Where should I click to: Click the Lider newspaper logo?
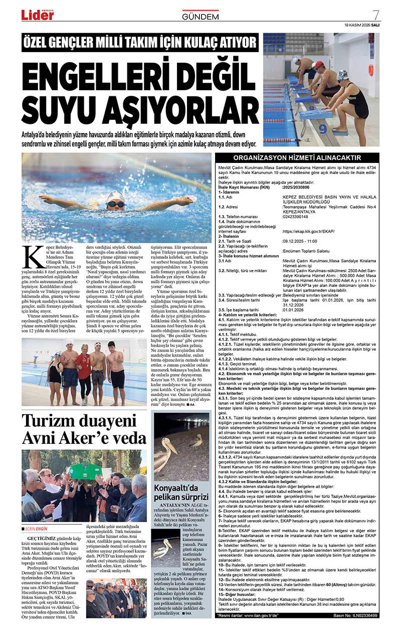[x=38, y=15]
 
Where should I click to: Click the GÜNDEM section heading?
[x=200, y=17]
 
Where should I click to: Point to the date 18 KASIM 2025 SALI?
[x=362, y=25]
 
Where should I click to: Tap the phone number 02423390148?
[x=297, y=217]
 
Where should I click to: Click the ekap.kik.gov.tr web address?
[x=308, y=231]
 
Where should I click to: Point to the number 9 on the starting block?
[x=323, y=128]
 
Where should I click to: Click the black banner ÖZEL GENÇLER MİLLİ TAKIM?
[x=140, y=43]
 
